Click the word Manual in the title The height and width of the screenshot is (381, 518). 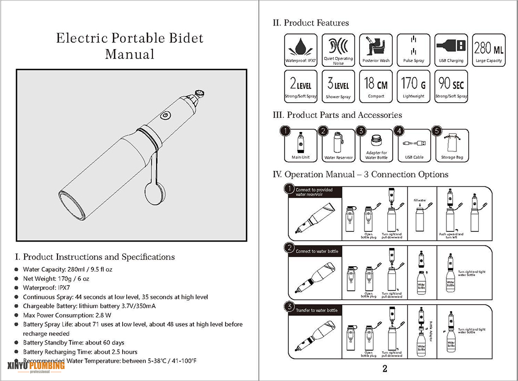click(129, 54)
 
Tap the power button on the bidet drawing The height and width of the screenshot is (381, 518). click(165, 115)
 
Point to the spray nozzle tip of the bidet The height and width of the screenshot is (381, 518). click(199, 94)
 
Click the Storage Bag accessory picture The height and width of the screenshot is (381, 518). click(451, 144)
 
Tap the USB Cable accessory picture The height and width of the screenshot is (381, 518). click(414, 144)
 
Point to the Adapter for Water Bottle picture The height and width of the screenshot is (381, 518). click(376, 144)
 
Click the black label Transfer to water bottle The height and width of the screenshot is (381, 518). click(316, 310)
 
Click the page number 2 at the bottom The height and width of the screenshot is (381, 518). click(384, 370)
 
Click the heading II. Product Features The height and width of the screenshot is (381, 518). click(311, 23)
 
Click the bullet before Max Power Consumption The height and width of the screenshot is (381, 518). click(17, 315)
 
